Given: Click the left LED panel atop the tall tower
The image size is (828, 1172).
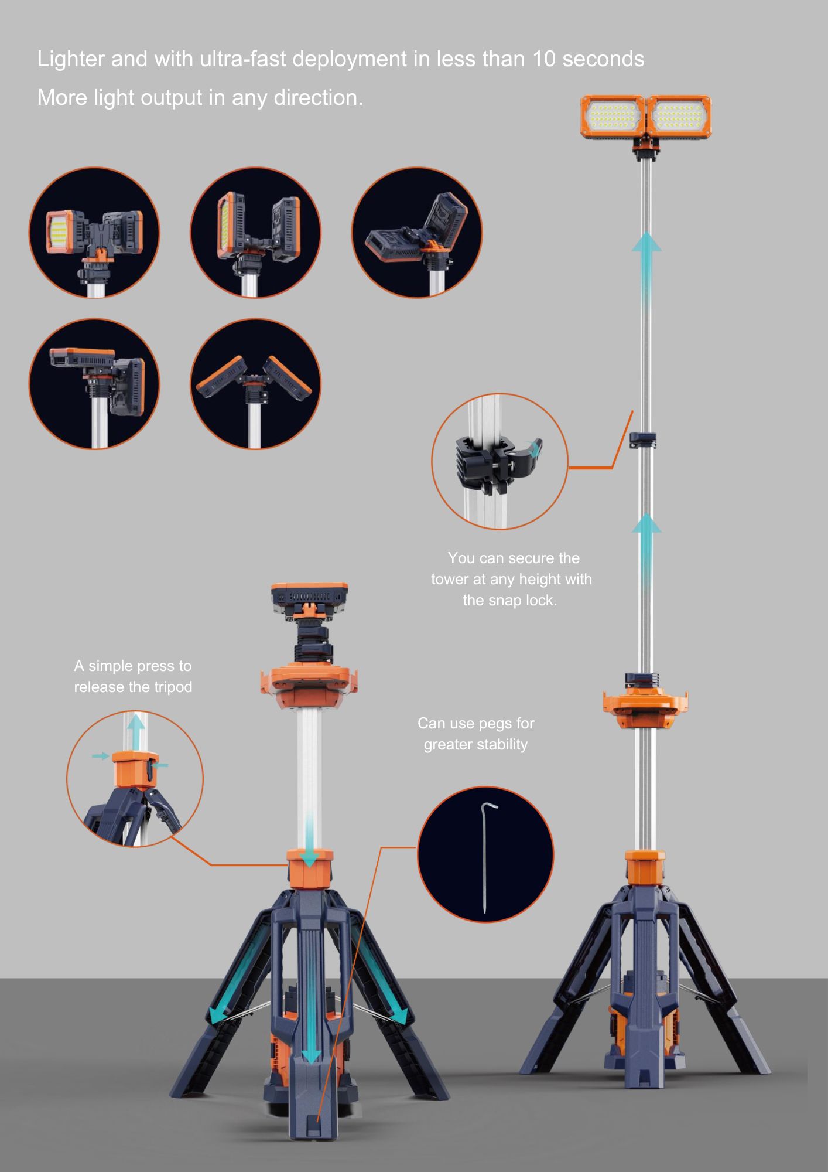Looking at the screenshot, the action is click(613, 117).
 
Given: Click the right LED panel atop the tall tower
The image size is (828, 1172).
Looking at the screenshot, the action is click(679, 117).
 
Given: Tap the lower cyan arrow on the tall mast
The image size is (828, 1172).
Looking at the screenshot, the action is click(646, 551).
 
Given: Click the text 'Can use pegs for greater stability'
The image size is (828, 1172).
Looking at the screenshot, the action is click(475, 734).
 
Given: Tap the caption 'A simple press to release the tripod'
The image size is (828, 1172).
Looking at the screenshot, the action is click(133, 676).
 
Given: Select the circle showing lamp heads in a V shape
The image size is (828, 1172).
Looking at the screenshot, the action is click(255, 384).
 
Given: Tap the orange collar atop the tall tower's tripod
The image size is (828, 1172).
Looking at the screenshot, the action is click(645, 869).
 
